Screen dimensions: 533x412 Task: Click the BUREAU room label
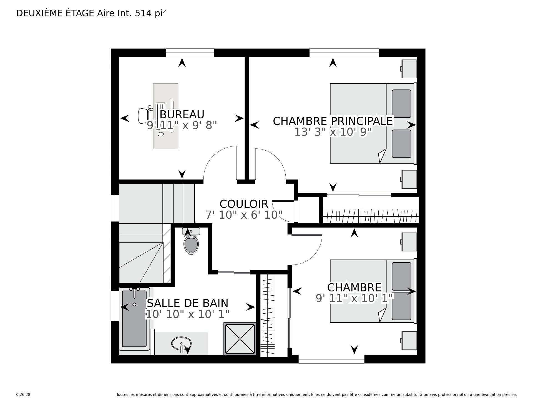click(x=182, y=114)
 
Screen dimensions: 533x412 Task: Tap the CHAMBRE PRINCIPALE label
click(x=333, y=121)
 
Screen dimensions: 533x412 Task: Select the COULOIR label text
click(x=244, y=204)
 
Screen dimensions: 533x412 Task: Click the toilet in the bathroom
click(x=191, y=241)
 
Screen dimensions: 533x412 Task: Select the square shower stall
click(x=240, y=339)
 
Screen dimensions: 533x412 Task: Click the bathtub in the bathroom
click(x=134, y=319)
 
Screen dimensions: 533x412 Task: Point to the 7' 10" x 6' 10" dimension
click(x=244, y=215)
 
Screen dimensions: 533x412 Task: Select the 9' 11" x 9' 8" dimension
click(x=182, y=125)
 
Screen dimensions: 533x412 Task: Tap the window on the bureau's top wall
click(x=190, y=53)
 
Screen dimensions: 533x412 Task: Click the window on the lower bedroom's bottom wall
click(x=331, y=359)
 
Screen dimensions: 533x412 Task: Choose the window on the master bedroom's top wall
click(x=344, y=53)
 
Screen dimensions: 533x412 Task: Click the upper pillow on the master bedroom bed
click(x=401, y=104)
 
